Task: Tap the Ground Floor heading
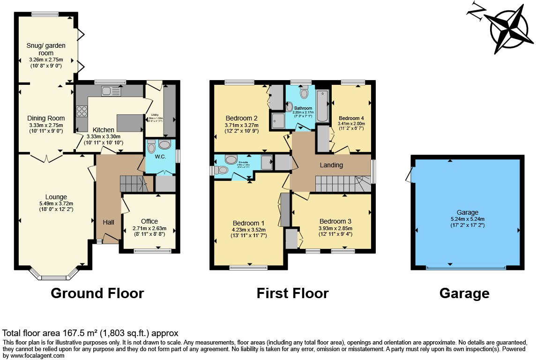pyautogui.click(x=97, y=293)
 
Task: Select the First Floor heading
pyautogui.click(x=292, y=293)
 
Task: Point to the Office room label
pyautogui.click(x=149, y=221)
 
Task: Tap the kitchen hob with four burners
pyautogui.click(x=82, y=112)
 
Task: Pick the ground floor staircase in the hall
pyautogui.click(x=133, y=183)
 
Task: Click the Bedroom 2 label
pyautogui.click(x=242, y=118)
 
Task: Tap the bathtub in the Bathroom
pyautogui.click(x=323, y=106)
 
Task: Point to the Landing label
pyautogui.click(x=331, y=165)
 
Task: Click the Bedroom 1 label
pyautogui.click(x=248, y=223)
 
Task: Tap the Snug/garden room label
pyautogui.click(x=46, y=49)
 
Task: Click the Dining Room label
pyautogui.click(x=46, y=118)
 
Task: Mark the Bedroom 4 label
pyautogui.click(x=351, y=118)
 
